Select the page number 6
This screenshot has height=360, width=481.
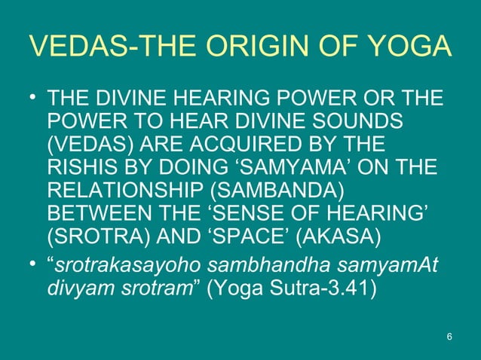pyautogui.click(x=449, y=335)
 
